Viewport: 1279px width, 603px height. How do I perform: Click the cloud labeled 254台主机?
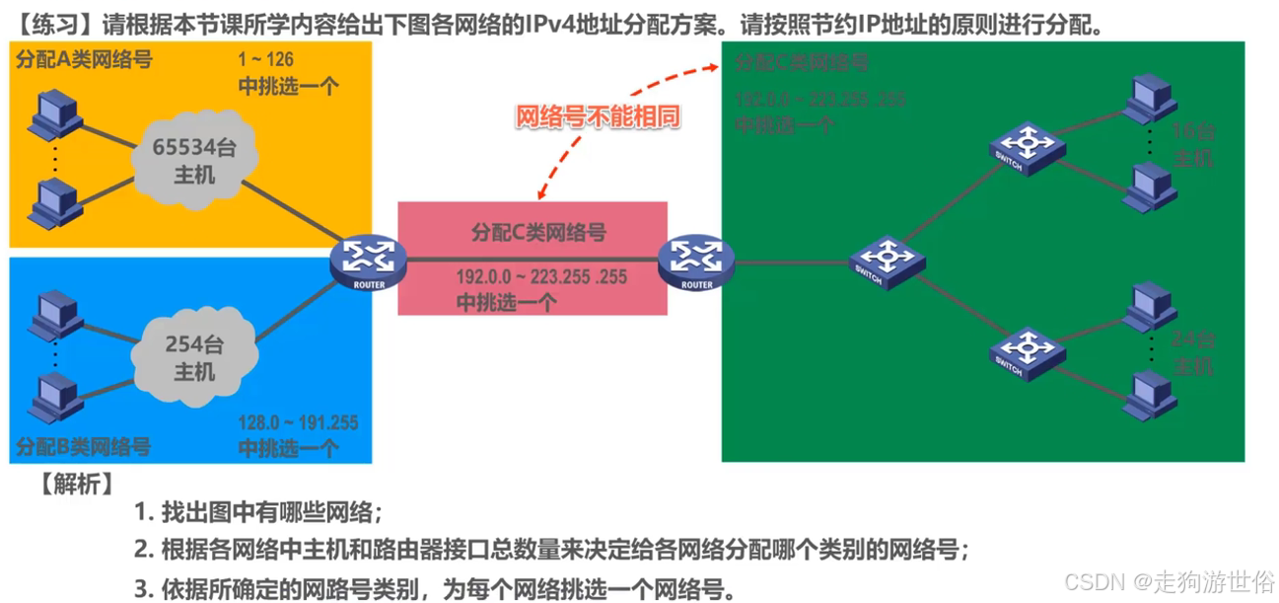pyautogui.click(x=193, y=357)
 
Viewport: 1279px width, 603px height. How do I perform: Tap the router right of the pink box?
pyautogui.click(x=696, y=260)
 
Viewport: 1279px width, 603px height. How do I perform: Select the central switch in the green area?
pyautogui.click(x=888, y=261)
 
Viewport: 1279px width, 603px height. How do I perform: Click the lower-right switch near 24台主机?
pyautogui.click(x=1026, y=351)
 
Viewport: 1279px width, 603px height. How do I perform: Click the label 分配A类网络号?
pyautogui.click(x=84, y=59)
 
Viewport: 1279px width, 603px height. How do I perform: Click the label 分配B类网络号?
pyautogui.click(x=84, y=447)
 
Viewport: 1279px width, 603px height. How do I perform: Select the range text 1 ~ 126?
pyautogui.click(x=266, y=61)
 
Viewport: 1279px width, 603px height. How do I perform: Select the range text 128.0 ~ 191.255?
pyautogui.click(x=298, y=423)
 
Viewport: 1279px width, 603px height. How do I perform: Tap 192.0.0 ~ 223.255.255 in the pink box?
pyautogui.click(x=541, y=277)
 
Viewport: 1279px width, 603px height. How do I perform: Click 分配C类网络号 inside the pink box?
pyautogui.click(x=538, y=233)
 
